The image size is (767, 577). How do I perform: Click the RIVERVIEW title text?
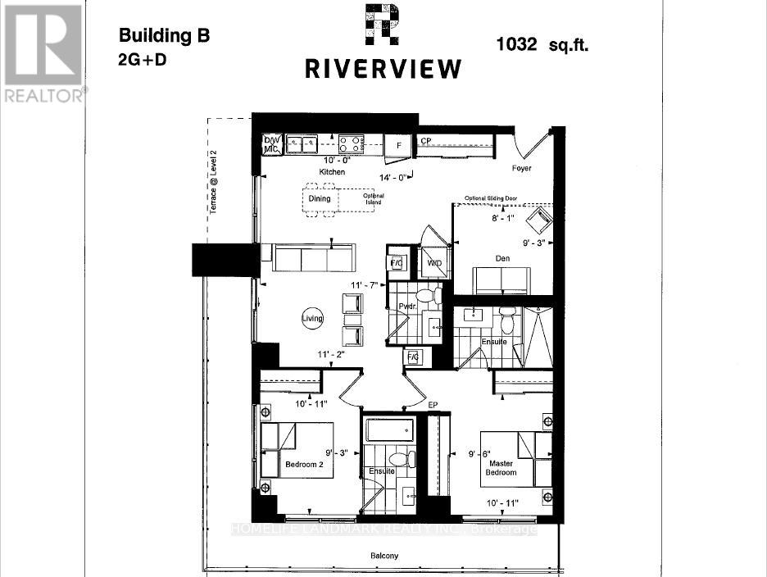(383, 69)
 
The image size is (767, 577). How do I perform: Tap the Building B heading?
(165, 35)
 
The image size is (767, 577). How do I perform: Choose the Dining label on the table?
(319, 198)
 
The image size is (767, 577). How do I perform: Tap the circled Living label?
(312, 319)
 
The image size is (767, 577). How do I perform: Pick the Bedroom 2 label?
(304, 465)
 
